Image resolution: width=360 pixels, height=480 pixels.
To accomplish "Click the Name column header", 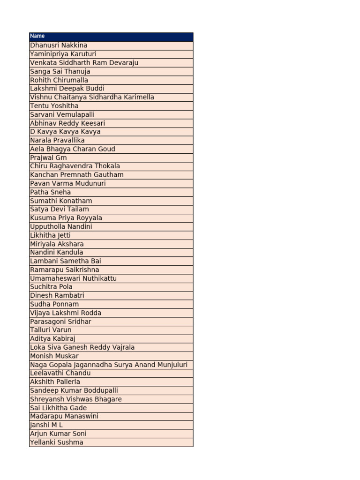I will (x=37, y=36).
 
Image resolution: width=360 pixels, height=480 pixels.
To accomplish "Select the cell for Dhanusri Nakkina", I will (x=59, y=45).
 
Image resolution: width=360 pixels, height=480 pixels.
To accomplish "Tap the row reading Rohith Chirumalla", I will (x=59, y=80).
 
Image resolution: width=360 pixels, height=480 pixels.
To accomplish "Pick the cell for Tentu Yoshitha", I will (x=54, y=106).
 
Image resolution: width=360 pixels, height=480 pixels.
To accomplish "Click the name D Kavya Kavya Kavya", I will (x=65, y=132).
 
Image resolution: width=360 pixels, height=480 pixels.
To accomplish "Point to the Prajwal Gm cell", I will (x=48, y=157).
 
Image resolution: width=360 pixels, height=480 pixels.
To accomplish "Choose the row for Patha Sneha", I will (x=51, y=192).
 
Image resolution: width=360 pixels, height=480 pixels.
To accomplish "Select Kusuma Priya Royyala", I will (x=66, y=218).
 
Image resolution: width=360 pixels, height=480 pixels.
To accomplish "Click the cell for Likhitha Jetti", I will (x=50, y=235).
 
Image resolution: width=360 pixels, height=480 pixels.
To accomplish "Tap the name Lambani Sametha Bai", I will (x=66, y=261).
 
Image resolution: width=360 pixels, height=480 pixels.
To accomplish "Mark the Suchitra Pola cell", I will (x=51, y=287).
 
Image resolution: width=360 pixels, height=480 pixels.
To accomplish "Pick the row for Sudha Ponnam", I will (x=54, y=304).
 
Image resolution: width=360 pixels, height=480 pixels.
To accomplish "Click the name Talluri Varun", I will (x=51, y=330).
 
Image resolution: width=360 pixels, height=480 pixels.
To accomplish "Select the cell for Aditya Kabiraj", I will (x=52, y=338).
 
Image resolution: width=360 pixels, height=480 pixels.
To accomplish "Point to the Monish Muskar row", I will (x=54, y=356).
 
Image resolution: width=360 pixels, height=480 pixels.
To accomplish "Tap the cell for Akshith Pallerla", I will (x=55, y=382).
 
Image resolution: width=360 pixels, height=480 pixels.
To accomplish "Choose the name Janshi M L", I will (x=46, y=425).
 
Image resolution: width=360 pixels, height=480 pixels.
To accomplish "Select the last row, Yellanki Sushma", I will (x=57, y=442).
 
